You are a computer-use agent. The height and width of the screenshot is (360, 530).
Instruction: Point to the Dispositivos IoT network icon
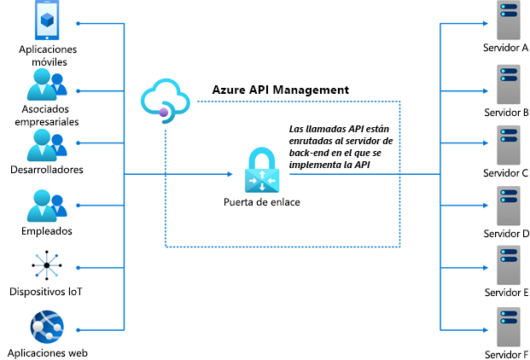click(x=47, y=266)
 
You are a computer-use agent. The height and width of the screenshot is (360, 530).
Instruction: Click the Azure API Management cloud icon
click(x=167, y=98)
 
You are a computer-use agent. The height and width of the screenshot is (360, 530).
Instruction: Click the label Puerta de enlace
click(x=260, y=203)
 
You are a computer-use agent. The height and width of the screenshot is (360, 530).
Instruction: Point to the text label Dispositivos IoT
click(x=47, y=292)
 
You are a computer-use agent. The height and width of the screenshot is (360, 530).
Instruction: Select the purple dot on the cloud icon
click(x=160, y=112)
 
